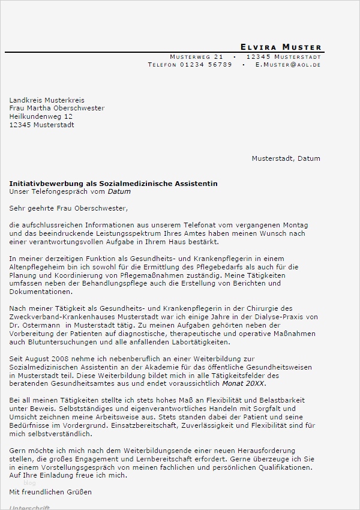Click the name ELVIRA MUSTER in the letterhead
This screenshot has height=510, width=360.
tap(280, 47)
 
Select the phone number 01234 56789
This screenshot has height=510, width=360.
tap(206, 64)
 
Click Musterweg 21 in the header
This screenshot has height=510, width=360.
tap(196, 56)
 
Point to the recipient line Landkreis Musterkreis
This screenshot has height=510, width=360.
tap(47, 100)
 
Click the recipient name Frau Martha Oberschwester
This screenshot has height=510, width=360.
tap(57, 109)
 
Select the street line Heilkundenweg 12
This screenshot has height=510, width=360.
tap(41, 116)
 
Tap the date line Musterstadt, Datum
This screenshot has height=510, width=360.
tap(286, 158)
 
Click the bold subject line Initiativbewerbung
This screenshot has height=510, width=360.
tap(113, 183)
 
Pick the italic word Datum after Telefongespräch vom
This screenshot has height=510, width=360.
tap(119, 192)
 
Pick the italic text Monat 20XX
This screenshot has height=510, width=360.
tap(244, 383)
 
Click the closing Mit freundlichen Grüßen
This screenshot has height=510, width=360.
tap(50, 492)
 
